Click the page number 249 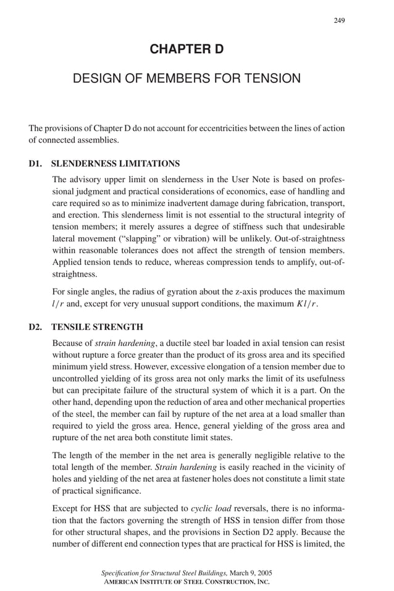click(x=339, y=20)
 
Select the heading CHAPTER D click(x=187, y=49)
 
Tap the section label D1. click(x=36, y=164)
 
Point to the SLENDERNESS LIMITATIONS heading click(x=115, y=164)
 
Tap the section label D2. click(x=36, y=327)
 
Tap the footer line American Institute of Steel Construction click(x=186, y=582)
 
